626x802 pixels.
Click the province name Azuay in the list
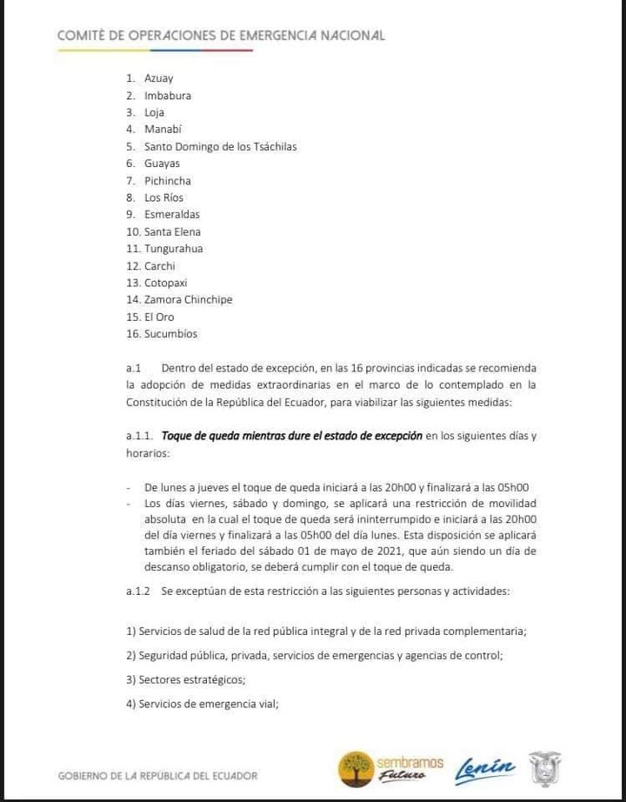(158, 78)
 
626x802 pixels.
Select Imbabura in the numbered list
(167, 96)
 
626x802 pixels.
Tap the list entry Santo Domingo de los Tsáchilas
(220, 146)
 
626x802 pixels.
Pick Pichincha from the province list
(167, 181)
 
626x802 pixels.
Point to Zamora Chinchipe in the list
(188, 299)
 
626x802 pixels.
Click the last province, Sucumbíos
(170, 333)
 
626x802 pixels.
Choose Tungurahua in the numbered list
(173, 249)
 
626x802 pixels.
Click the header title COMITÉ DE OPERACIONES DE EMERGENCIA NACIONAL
(221, 36)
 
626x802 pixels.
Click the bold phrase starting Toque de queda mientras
(292, 435)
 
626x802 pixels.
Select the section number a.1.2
(138, 591)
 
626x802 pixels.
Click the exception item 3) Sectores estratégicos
(185, 679)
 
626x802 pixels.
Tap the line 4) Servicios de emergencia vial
(202, 705)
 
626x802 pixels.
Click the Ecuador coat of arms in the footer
(545, 769)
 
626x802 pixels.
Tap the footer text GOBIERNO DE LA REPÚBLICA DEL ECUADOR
(157, 775)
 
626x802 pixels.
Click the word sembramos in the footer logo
(410, 762)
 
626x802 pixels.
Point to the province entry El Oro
(158, 317)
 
